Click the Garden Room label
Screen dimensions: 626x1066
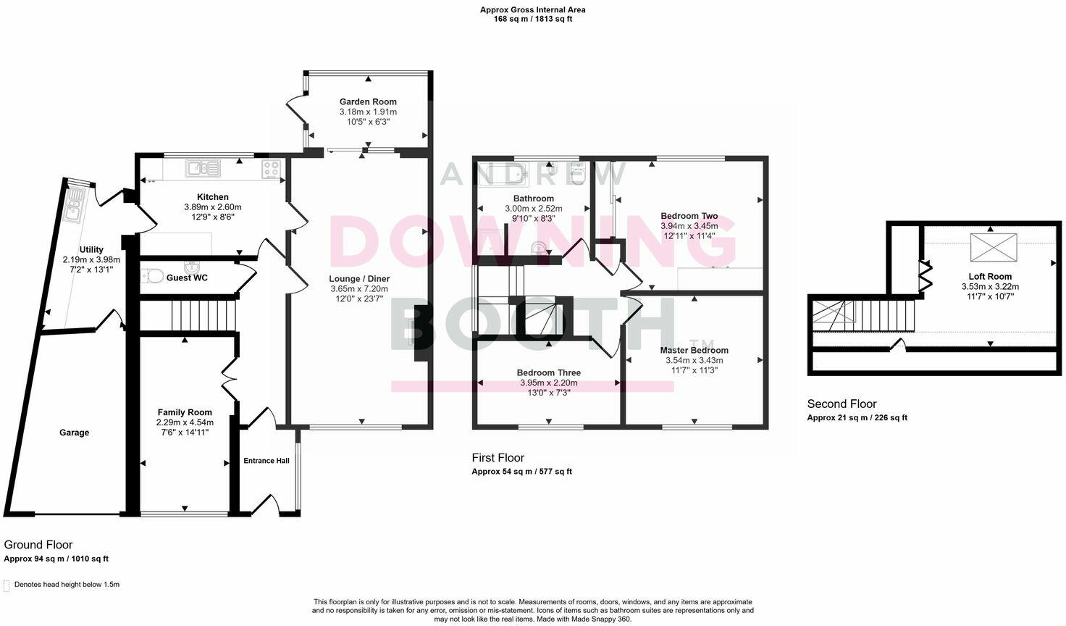[368, 102]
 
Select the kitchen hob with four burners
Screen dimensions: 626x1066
[272, 170]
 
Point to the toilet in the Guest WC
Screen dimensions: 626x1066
[152, 276]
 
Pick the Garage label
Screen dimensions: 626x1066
[74, 433]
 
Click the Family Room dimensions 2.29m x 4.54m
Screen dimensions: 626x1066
[185, 422]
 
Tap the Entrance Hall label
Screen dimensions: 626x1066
[266, 461]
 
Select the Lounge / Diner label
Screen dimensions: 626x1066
[359, 279]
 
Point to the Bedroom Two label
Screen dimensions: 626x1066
[689, 216]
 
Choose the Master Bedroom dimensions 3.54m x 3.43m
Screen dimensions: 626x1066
[694, 360]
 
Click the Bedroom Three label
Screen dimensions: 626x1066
[548, 373]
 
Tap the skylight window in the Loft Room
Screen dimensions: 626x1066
[994, 246]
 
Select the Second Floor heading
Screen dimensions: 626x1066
[842, 404]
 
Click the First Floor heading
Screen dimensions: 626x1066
[498, 458]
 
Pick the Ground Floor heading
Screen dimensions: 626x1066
[38, 545]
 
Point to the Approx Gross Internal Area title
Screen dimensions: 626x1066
[532, 10]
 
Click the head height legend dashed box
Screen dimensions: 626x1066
[7, 585]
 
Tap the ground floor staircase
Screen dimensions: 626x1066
[203, 316]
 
